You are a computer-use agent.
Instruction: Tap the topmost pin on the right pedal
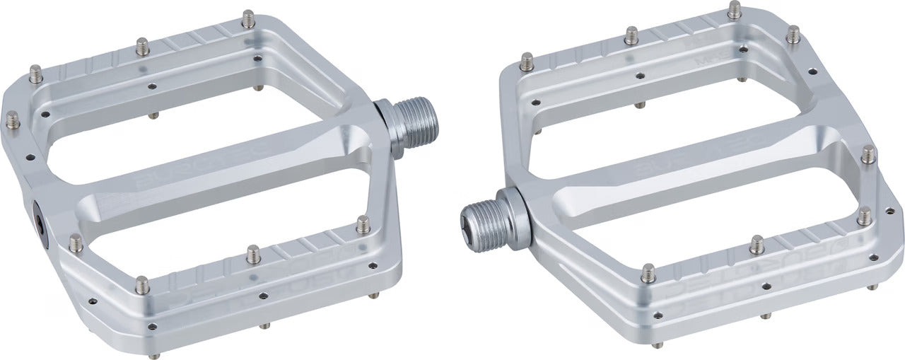[x=735, y=9]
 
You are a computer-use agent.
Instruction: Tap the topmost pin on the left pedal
[x=247, y=18]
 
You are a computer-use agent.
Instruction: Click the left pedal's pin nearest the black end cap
[x=76, y=243]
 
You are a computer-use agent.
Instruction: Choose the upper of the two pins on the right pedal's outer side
[x=868, y=153]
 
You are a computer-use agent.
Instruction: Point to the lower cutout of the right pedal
[x=700, y=219]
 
